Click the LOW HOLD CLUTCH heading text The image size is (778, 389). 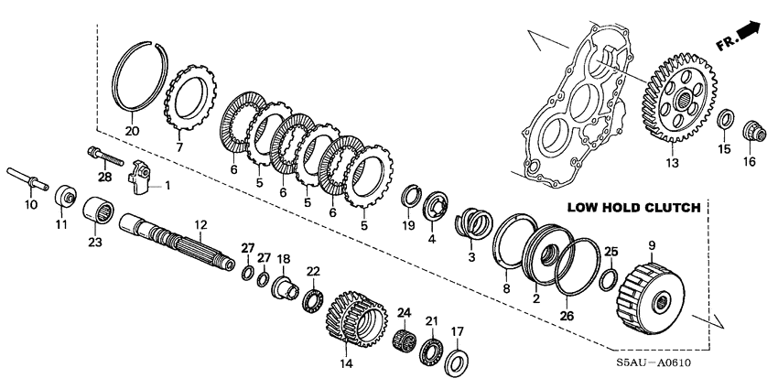tap(634, 208)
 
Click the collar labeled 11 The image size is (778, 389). tap(65, 195)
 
